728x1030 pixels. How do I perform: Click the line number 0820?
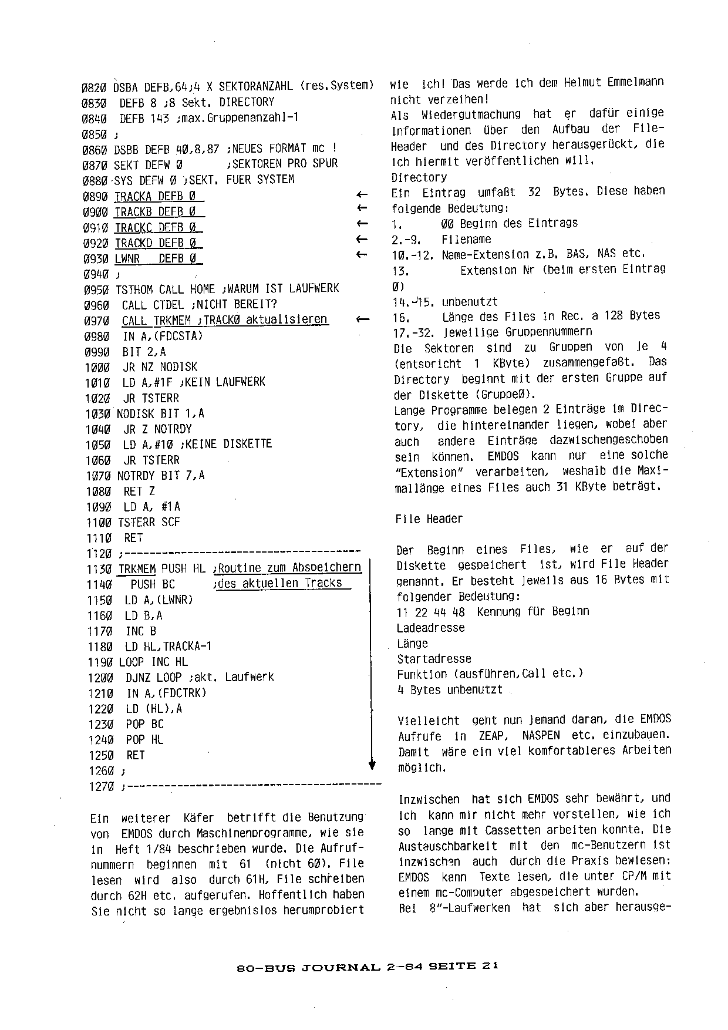coord(93,87)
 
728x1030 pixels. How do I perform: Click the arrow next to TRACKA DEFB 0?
coord(362,195)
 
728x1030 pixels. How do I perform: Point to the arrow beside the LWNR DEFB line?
coord(362,255)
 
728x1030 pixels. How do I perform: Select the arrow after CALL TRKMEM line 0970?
coord(362,319)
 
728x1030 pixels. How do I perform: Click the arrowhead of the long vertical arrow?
coord(372,765)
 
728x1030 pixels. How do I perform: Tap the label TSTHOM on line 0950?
coord(134,289)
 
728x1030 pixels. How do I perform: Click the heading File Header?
coord(429,519)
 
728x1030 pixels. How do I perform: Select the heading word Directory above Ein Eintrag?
coord(419,177)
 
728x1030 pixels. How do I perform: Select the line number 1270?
coord(101,787)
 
